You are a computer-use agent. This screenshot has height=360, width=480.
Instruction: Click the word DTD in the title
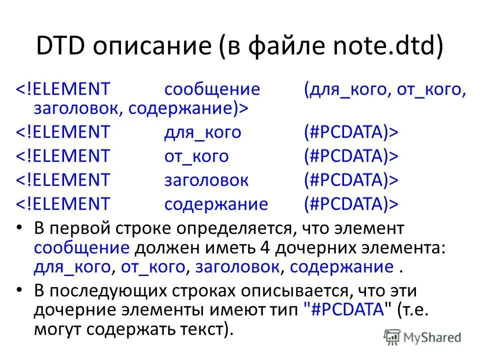point(58,48)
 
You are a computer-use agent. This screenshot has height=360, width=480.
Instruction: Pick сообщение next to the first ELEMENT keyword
point(212,90)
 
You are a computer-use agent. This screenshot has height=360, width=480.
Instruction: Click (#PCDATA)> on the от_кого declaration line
point(351,156)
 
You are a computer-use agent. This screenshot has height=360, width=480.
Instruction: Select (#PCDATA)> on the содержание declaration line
point(351,204)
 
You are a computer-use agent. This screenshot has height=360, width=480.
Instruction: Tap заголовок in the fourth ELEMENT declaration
point(206,180)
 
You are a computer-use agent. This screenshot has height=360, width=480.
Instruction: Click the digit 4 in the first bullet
point(265,247)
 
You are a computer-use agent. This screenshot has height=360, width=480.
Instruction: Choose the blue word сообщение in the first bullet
point(82,247)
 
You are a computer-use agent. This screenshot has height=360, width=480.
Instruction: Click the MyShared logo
point(423,336)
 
